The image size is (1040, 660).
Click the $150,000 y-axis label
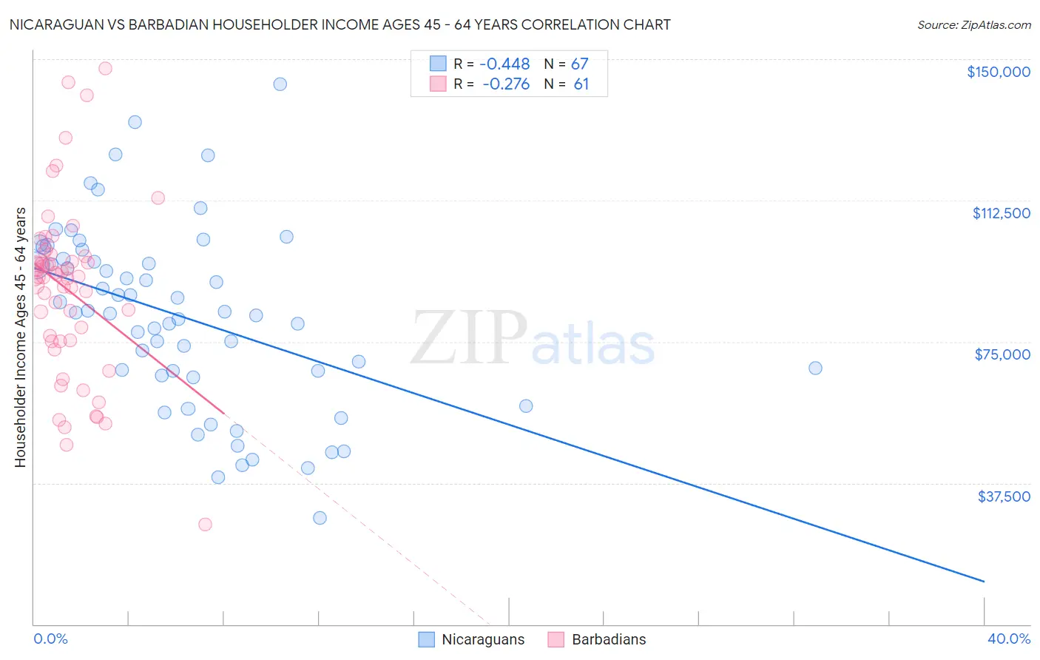(998, 72)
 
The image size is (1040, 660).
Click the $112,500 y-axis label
(1001, 213)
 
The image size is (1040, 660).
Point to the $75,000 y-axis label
(1002, 354)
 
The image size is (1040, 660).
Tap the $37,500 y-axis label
(1004, 496)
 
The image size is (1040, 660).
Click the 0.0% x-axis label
(50, 639)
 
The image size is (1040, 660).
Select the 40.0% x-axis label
(1008, 639)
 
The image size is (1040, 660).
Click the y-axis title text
(20, 337)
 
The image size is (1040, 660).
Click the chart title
(340, 24)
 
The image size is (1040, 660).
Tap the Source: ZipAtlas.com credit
(973, 25)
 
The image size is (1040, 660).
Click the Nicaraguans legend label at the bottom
(482, 639)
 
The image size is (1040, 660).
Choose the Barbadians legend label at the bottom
(609, 639)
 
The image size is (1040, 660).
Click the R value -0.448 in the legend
(504, 64)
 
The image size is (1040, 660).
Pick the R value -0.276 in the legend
(506, 84)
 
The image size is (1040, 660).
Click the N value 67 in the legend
(579, 64)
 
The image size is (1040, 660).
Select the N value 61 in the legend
(581, 84)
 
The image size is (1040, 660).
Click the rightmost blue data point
(815, 368)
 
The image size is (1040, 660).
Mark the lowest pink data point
(205, 524)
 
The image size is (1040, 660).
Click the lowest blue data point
(320, 518)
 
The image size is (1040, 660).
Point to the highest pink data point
(105, 68)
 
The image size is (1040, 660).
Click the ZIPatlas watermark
(533, 339)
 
